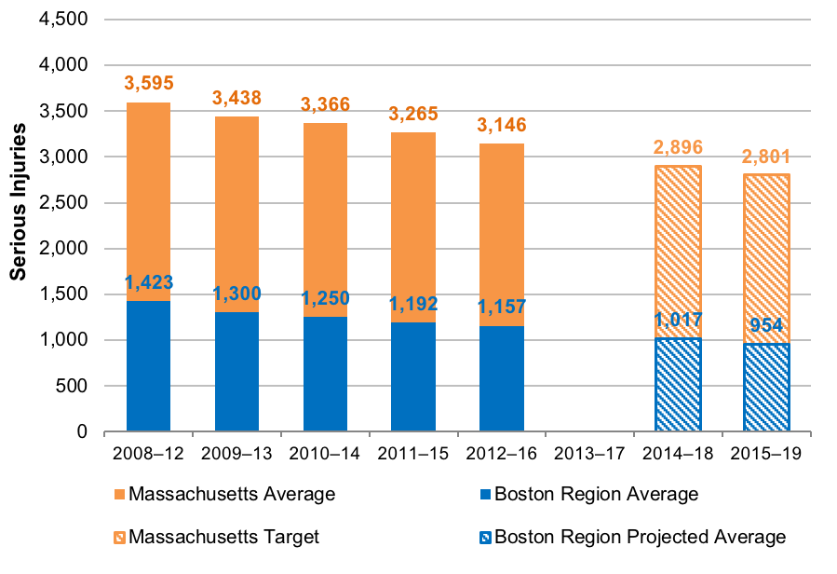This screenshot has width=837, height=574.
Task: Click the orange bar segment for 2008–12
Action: tap(148, 200)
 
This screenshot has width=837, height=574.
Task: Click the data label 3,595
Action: tap(148, 84)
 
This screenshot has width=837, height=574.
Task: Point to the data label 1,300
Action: tap(236, 294)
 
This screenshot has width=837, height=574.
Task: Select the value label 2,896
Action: tap(678, 147)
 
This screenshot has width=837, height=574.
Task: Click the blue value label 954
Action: tap(766, 328)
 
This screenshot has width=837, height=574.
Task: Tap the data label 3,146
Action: tap(501, 125)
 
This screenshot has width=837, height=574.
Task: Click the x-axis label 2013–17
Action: tap(589, 454)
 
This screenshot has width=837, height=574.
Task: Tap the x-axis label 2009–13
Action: tap(236, 454)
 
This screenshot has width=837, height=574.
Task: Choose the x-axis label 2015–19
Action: tap(766, 454)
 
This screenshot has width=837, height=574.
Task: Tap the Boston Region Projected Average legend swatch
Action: tap(485, 537)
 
